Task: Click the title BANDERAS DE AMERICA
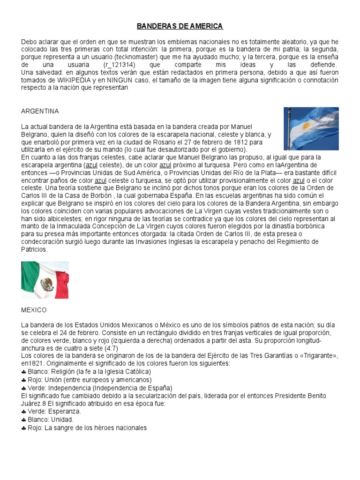click(180, 26)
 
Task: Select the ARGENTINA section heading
click(40, 111)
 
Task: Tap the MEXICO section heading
click(34, 310)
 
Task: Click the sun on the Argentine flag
click(307, 126)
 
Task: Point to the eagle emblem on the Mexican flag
click(46, 283)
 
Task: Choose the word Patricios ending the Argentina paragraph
click(34, 250)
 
